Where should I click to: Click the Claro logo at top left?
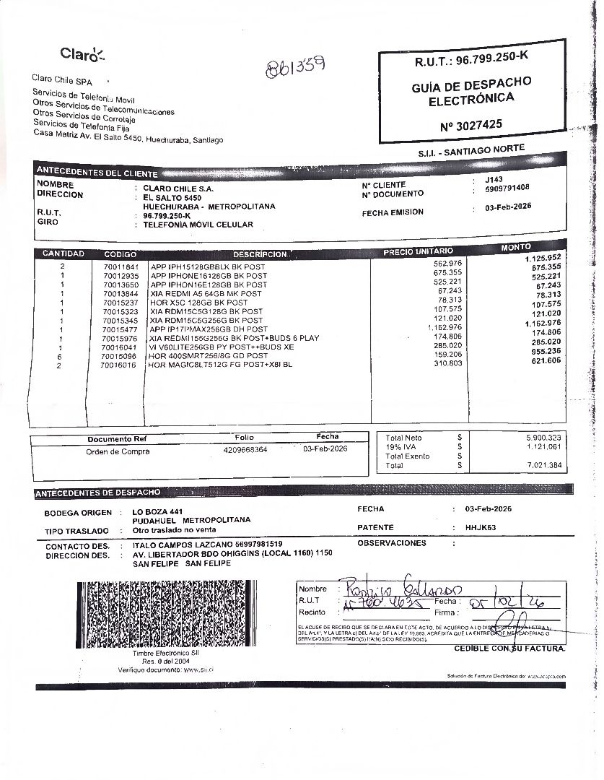[x=82, y=53]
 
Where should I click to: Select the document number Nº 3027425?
[x=470, y=125]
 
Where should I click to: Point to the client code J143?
[x=494, y=179]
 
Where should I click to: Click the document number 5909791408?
[x=507, y=188]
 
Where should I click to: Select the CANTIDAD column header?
[x=63, y=253]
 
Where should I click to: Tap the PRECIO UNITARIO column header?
[x=418, y=251]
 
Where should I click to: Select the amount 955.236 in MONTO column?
[x=546, y=351]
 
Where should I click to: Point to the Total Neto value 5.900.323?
[x=543, y=438]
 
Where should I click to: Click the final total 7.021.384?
[x=543, y=465]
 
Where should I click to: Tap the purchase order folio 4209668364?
[x=245, y=449]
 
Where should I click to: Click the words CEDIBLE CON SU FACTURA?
[x=509, y=649]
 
